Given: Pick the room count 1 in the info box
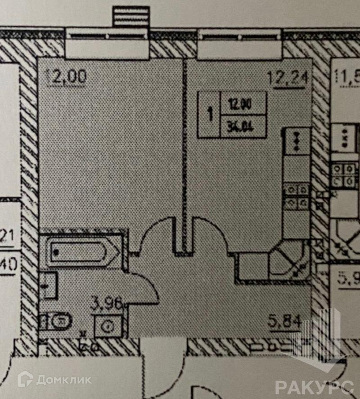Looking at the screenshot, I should pyautogui.click(x=210, y=114).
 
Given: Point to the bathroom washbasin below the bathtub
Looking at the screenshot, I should pyautogui.click(x=49, y=285).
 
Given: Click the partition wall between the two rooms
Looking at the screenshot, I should pyautogui.click(x=184, y=153).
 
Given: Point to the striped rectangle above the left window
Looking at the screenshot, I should pyautogui.click(x=130, y=17).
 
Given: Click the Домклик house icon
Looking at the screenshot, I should pyautogui.click(x=26, y=379).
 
